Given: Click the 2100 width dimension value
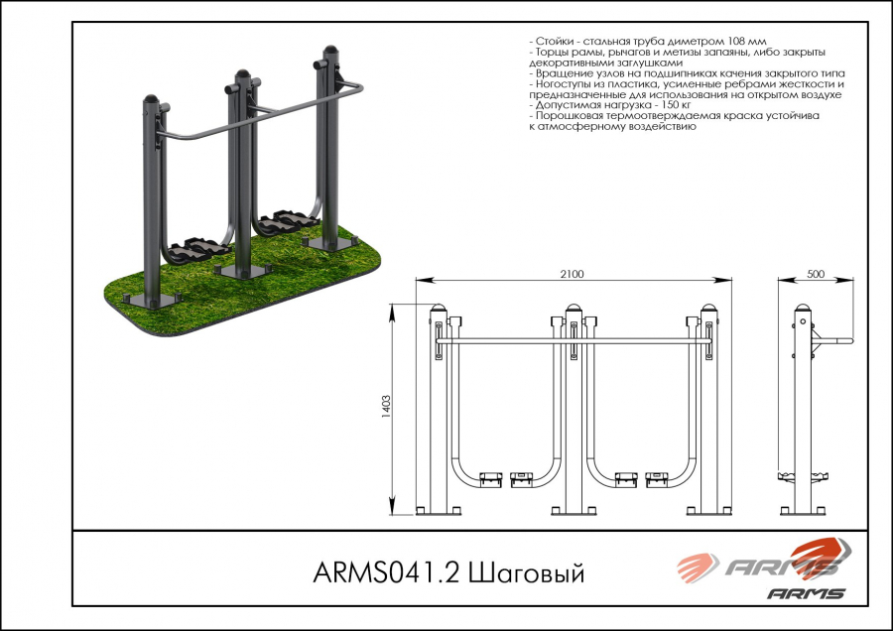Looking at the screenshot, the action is point(572,274).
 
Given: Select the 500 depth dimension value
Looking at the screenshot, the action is point(816,274).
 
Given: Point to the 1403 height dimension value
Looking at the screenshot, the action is point(386,407).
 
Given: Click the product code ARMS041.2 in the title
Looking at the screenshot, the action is point(386,572).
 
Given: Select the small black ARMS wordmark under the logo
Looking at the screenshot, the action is point(806,594).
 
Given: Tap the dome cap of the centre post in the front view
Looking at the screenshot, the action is point(574,309).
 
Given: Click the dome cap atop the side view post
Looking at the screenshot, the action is point(803,309).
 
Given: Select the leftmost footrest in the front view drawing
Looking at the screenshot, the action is point(490,479).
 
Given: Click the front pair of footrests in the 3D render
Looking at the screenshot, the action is point(196,249).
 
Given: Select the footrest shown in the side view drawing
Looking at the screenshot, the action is point(803,476).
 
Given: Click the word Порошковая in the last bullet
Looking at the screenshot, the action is point(571,116).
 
